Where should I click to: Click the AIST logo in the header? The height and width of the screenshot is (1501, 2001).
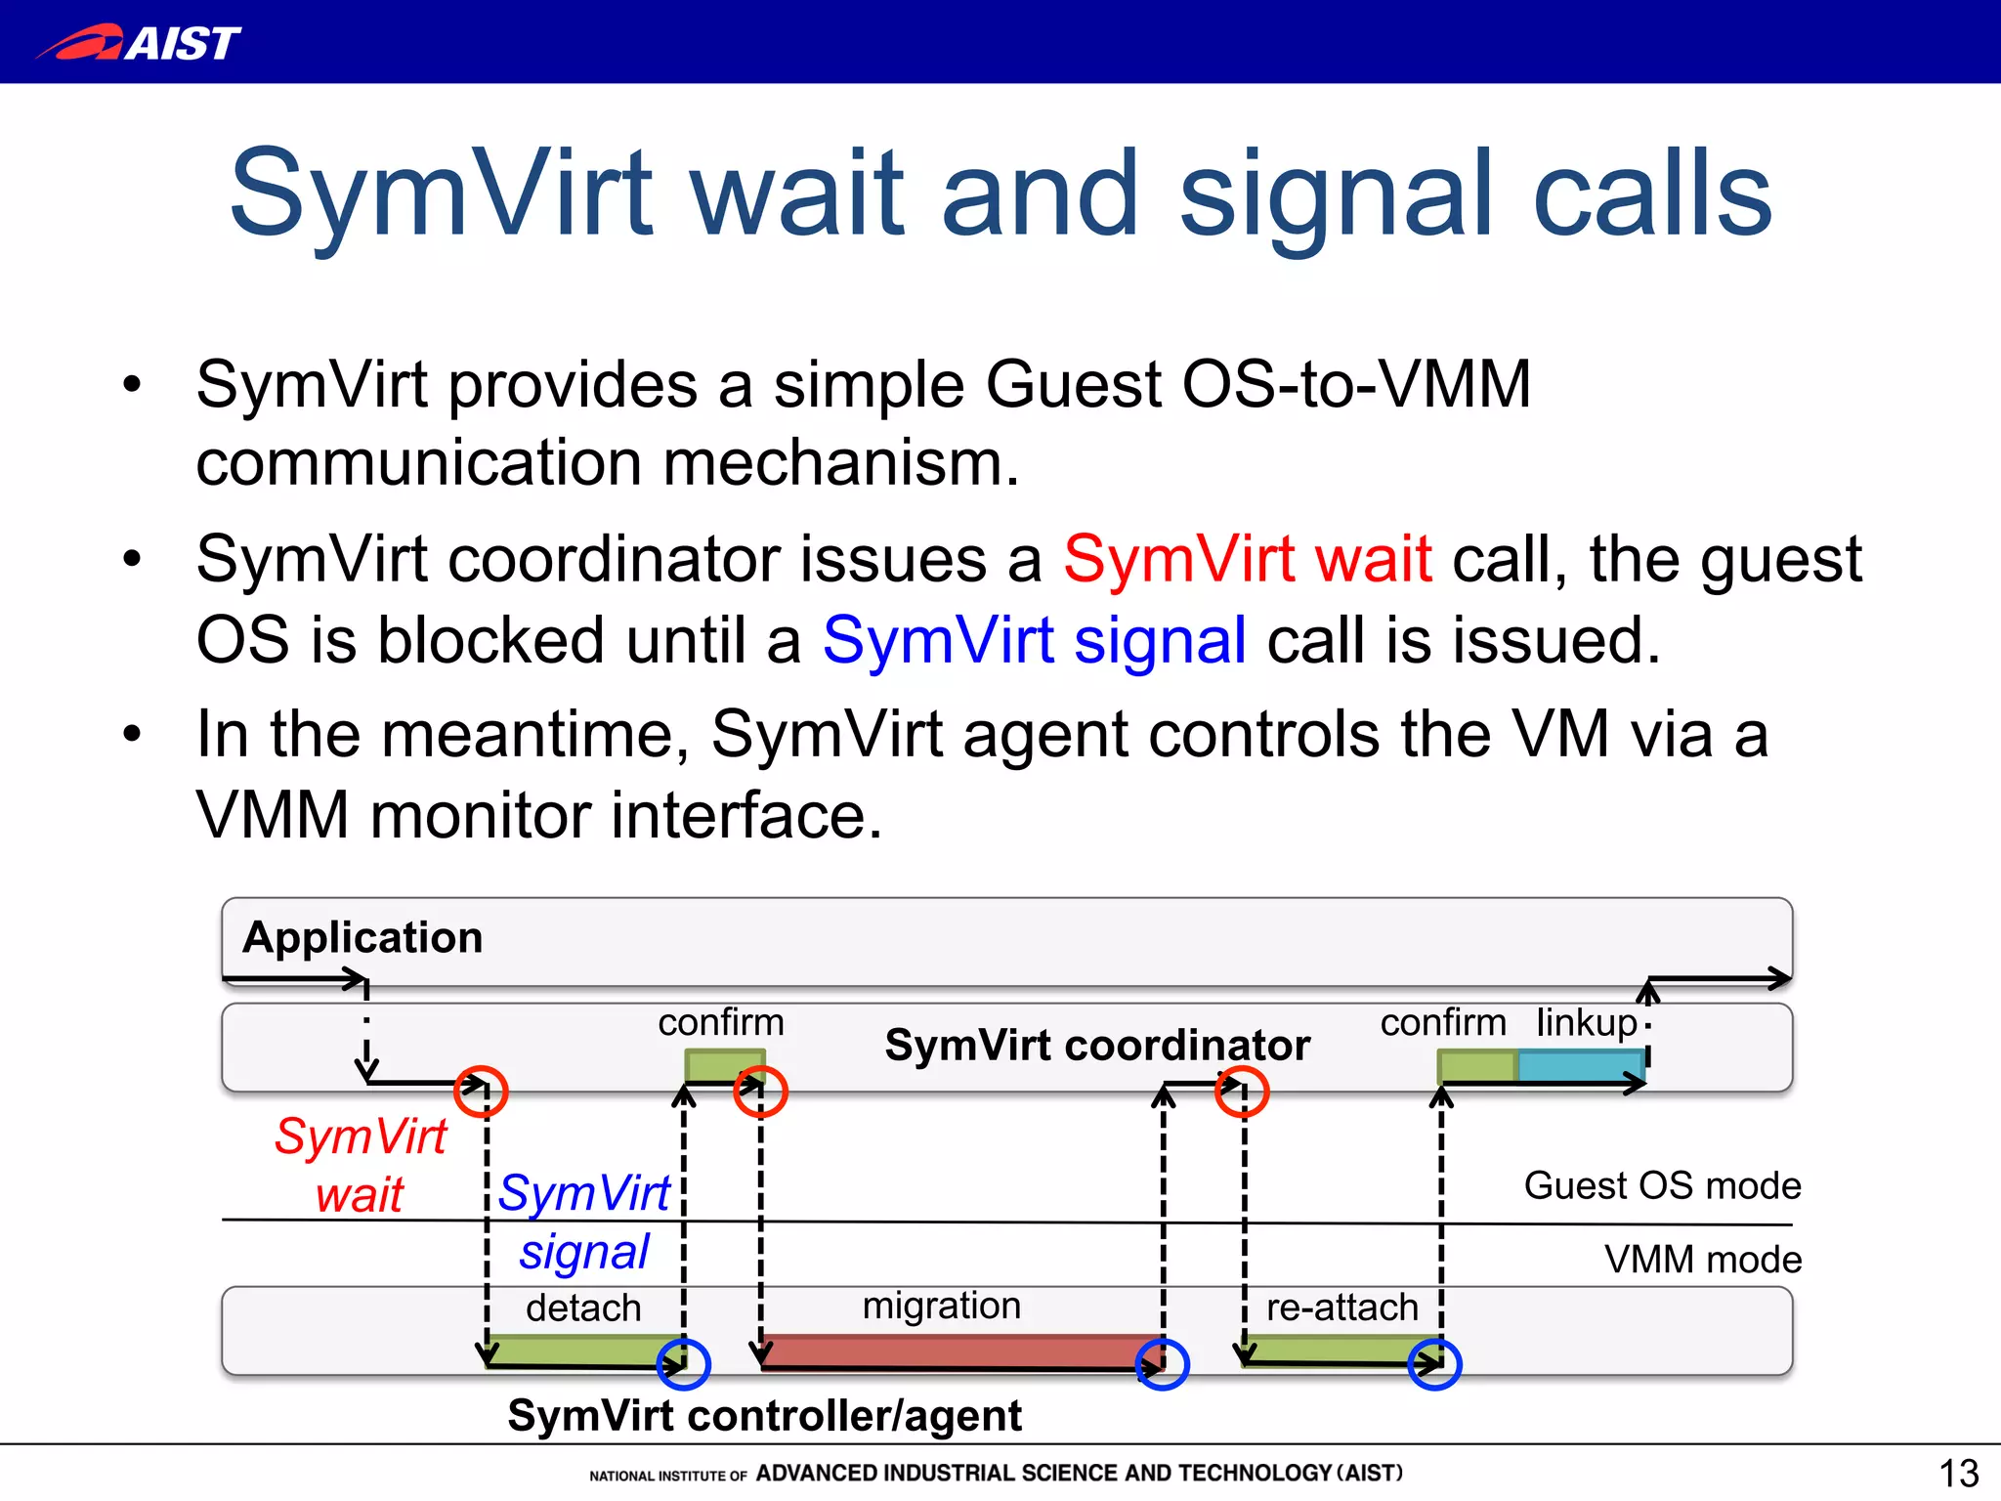point(139,42)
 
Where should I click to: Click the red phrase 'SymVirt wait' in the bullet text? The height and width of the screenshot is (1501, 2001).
point(1248,559)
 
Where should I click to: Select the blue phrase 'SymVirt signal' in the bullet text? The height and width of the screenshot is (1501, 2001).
point(1034,641)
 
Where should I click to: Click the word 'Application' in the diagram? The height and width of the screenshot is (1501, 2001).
point(362,937)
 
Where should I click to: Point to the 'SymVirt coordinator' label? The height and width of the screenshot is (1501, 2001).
point(1096,1045)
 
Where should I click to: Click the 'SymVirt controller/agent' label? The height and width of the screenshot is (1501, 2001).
point(764,1415)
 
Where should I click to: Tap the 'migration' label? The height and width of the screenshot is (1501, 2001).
point(941,1306)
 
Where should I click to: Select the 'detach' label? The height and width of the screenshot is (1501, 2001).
point(583,1308)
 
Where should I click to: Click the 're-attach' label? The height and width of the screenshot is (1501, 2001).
point(1341,1308)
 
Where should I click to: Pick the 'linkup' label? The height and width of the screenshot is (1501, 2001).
point(1586,1022)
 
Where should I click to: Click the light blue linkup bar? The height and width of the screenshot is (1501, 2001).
point(1579,1065)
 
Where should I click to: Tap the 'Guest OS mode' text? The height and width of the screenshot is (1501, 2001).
point(1662,1185)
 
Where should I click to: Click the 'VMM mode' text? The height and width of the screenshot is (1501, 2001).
point(1702,1260)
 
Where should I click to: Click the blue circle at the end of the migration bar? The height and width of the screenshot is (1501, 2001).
point(1163,1363)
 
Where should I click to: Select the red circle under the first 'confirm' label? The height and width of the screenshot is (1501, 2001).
point(760,1092)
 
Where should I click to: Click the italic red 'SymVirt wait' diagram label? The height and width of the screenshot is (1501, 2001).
point(360,1165)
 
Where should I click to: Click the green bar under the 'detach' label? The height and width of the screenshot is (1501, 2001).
point(583,1350)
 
